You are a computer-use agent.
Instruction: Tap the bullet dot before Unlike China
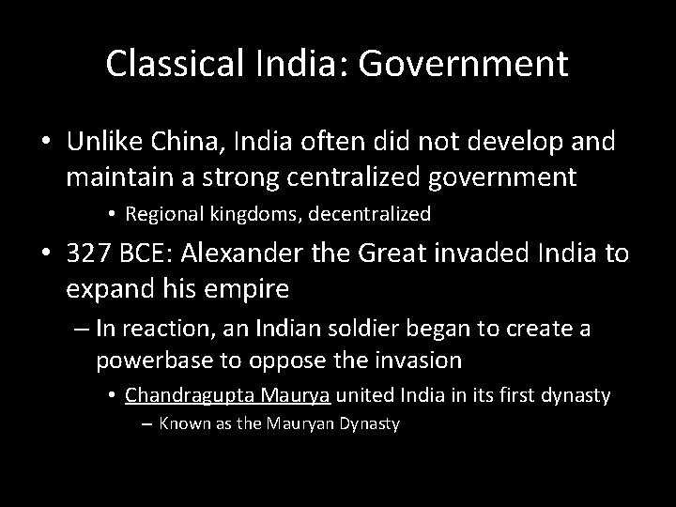click(x=46, y=143)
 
